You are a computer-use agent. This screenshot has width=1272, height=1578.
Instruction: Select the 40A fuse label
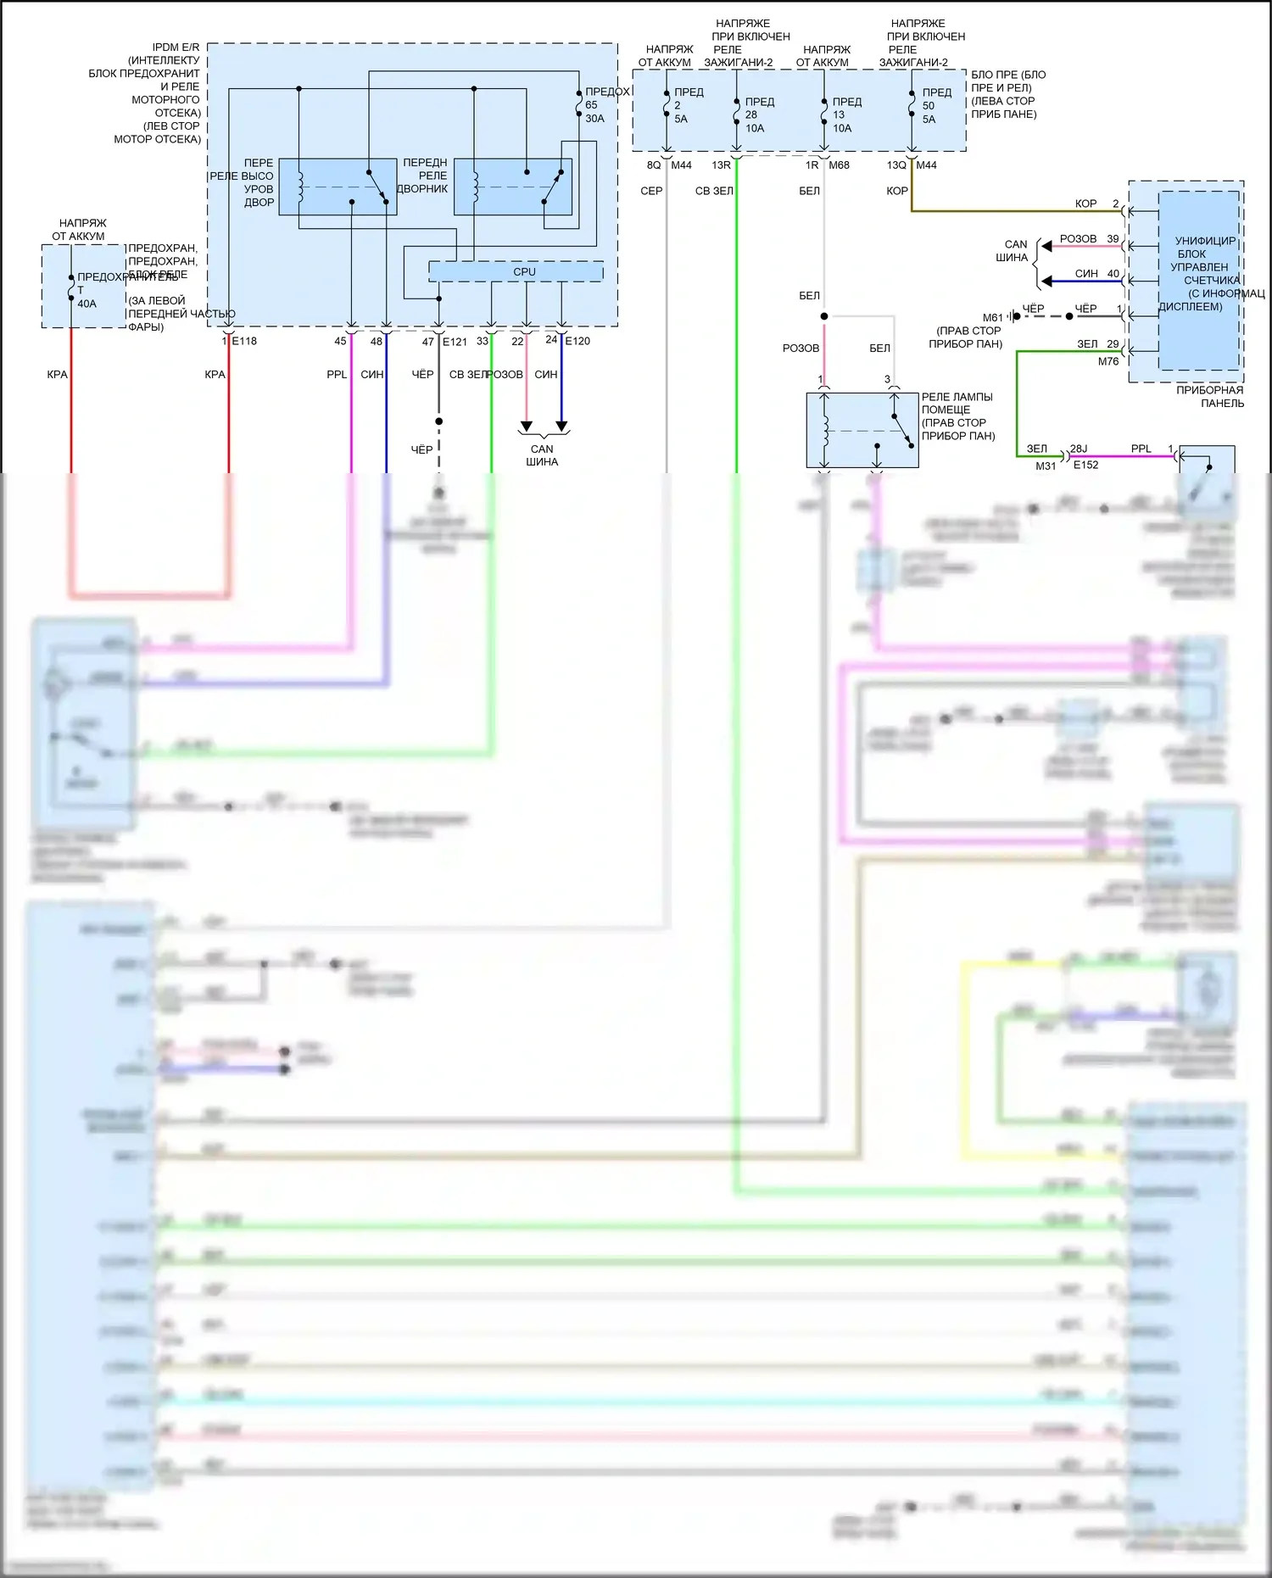[86, 304]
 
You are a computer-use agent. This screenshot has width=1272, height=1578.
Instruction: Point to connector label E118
[244, 341]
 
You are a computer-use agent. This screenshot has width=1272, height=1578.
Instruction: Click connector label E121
[455, 342]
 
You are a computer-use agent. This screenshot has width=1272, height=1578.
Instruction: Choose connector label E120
[577, 341]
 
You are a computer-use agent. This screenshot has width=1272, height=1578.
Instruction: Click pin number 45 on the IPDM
[340, 342]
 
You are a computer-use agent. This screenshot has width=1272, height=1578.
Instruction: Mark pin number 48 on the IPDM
[377, 342]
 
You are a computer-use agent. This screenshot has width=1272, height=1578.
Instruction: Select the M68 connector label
[839, 165]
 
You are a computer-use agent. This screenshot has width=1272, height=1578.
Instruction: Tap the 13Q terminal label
[896, 165]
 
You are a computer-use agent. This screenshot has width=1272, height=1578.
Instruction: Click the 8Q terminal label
[653, 165]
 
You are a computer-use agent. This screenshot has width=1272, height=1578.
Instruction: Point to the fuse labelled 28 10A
[754, 115]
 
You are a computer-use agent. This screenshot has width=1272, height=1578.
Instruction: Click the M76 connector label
[1108, 361]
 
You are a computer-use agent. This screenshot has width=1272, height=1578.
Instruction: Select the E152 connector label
[1085, 465]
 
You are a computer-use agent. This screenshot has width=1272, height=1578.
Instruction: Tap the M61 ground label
[992, 318]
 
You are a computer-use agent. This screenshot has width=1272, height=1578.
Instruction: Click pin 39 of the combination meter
[1113, 239]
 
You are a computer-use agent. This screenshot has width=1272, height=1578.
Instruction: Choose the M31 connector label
[1046, 466]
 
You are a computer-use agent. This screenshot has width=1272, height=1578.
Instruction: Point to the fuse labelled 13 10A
[841, 115]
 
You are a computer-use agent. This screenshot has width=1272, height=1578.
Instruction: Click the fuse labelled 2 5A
[681, 106]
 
